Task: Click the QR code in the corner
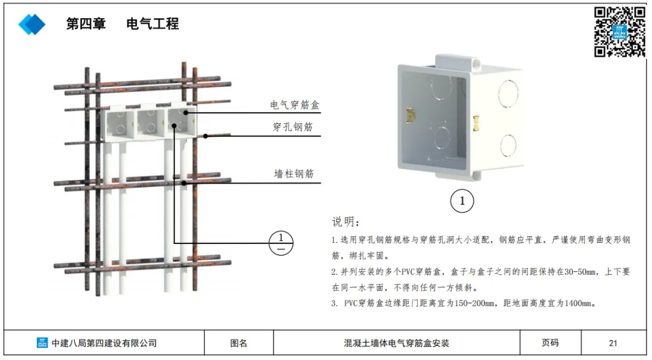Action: (619, 32)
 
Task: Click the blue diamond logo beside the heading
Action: (32, 24)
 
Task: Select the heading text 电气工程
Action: (153, 24)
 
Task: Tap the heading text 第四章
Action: (86, 24)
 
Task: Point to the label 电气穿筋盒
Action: (295, 105)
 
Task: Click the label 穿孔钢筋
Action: (293, 127)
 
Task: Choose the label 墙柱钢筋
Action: (294, 174)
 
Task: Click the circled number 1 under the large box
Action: (462, 202)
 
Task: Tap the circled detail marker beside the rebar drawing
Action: (281, 243)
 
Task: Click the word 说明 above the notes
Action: (345, 222)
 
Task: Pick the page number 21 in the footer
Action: (613, 343)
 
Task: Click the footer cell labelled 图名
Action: (239, 343)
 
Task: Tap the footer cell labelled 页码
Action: (550, 343)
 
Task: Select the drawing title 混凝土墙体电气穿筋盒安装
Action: (397, 343)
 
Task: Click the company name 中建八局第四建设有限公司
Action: (104, 343)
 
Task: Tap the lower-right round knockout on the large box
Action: (508, 145)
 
